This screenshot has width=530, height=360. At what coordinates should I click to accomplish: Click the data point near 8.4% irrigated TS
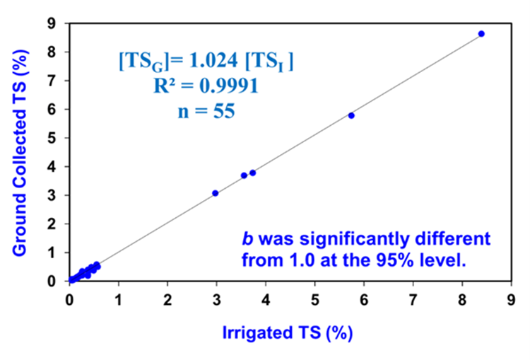pyautogui.click(x=481, y=34)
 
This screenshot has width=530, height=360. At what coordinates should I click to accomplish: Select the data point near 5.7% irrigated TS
pyautogui.click(x=351, y=115)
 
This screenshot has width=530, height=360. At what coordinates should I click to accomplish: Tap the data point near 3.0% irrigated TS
pyautogui.click(x=216, y=193)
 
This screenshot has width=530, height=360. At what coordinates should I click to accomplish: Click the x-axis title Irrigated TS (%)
pyautogui.click(x=288, y=332)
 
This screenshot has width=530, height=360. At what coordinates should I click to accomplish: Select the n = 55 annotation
pyautogui.click(x=206, y=110)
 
